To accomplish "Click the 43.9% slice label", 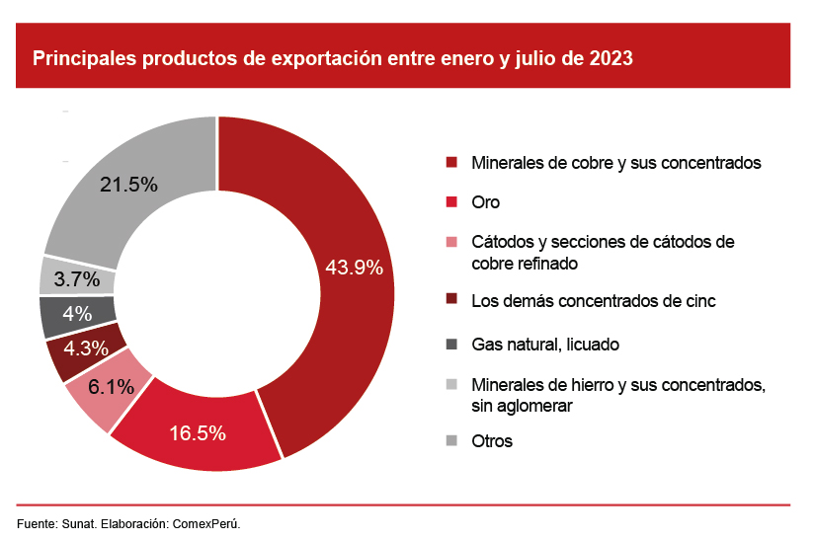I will coord(355,267).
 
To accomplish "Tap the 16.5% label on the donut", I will coord(198,432).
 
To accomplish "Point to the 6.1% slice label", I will coord(111,387).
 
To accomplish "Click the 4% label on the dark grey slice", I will coord(76,314).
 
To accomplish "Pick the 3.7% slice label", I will coord(77,279).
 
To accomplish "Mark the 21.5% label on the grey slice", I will coord(129,184).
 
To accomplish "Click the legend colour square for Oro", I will coord(451,201).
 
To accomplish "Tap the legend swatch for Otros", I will coord(451,440).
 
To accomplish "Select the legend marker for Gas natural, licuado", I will coord(451,344).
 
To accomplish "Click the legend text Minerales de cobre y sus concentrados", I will coord(616,162).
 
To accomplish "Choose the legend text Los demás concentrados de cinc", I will coord(593,300).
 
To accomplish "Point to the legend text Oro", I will coord(486,202).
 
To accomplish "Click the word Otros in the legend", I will coord(492,441).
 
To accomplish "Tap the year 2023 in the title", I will coord(611,58).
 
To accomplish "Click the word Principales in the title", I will coord(85,58).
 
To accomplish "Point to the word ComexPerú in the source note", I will coord(208,522).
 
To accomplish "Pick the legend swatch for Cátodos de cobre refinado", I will coord(451,242).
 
